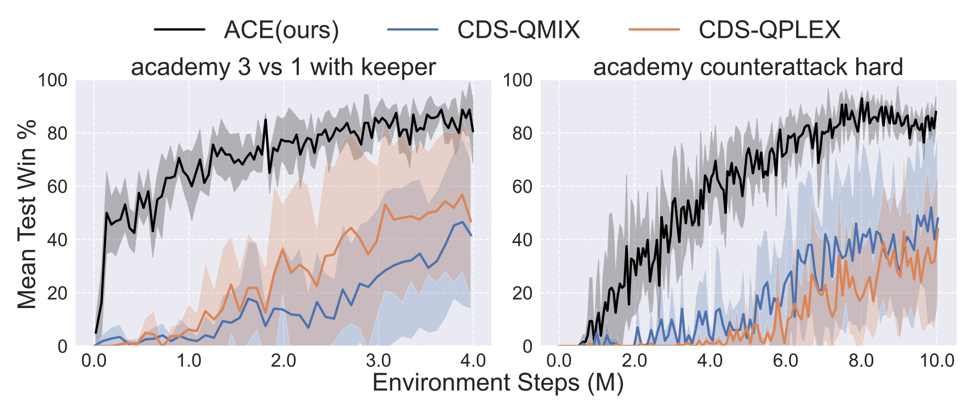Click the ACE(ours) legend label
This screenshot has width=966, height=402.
[281, 30]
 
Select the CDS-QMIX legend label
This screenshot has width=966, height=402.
[519, 29]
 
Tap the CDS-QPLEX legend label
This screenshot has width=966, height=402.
[769, 29]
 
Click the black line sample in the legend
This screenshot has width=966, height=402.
[179, 29]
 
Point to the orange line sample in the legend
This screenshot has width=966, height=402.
[654, 29]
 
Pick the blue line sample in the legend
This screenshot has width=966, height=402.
[413, 29]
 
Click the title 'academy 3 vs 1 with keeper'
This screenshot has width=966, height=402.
[283, 67]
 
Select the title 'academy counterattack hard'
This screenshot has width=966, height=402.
[748, 67]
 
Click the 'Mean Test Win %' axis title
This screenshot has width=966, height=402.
[27, 214]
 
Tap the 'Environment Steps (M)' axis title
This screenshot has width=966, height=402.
[498, 383]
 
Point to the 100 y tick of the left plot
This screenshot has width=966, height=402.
[52, 80]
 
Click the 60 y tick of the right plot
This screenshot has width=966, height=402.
[522, 187]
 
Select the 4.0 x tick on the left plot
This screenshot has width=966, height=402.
[473, 361]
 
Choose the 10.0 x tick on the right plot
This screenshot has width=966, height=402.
[937, 361]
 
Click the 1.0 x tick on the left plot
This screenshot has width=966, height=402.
[189, 361]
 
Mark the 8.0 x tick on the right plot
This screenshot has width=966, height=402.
[862, 361]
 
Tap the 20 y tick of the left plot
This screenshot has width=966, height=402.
[58, 293]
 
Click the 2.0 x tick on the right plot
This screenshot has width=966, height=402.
[635, 361]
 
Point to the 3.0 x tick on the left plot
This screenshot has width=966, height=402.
[378, 361]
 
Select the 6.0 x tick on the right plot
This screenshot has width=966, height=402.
[786, 361]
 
